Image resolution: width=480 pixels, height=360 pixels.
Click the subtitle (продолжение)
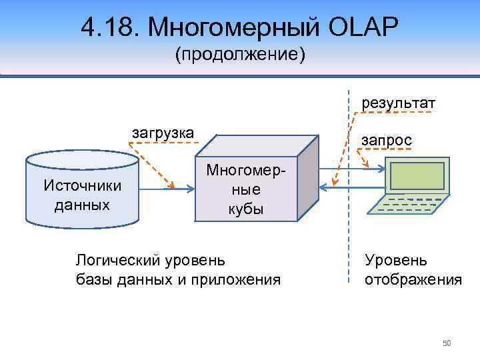click(240, 55)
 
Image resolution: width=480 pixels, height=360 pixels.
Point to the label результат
click(398, 103)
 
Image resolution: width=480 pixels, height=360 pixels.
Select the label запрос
click(386, 140)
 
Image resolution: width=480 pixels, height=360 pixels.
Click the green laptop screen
click(417, 176)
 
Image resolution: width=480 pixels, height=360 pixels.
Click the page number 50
click(447, 343)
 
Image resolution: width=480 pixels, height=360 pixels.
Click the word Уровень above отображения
click(396, 260)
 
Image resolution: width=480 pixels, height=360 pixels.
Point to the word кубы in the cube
click(245, 209)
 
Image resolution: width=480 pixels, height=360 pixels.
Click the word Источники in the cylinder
click(82, 185)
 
